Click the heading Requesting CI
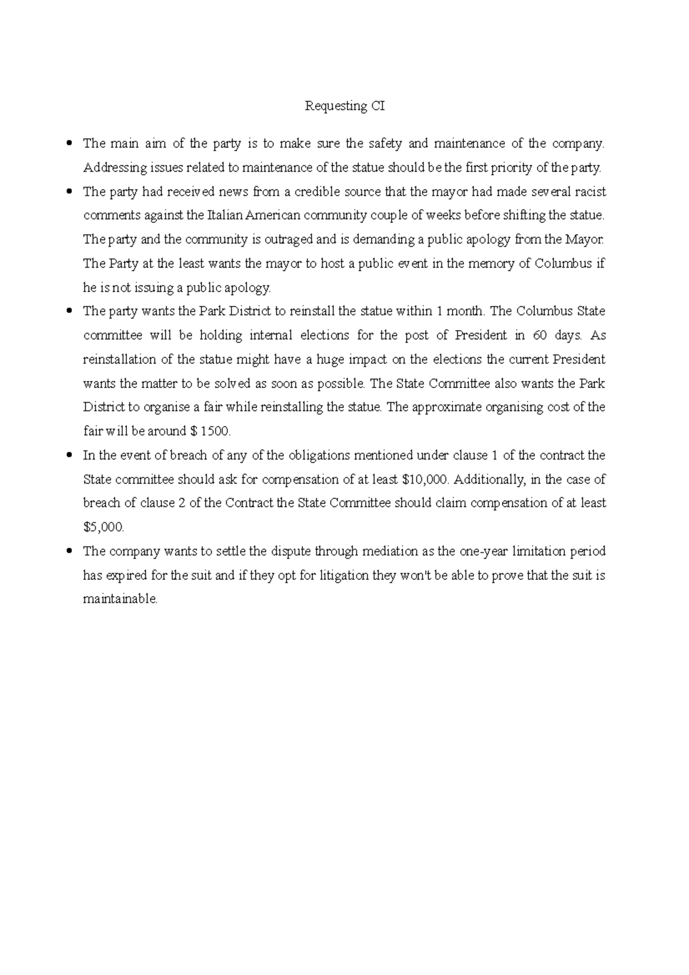click(x=344, y=106)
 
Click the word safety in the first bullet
click(x=385, y=144)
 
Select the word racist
click(x=590, y=192)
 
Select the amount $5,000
click(x=103, y=527)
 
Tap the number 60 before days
click(x=540, y=335)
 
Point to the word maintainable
click(x=119, y=599)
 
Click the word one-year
click(x=482, y=552)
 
